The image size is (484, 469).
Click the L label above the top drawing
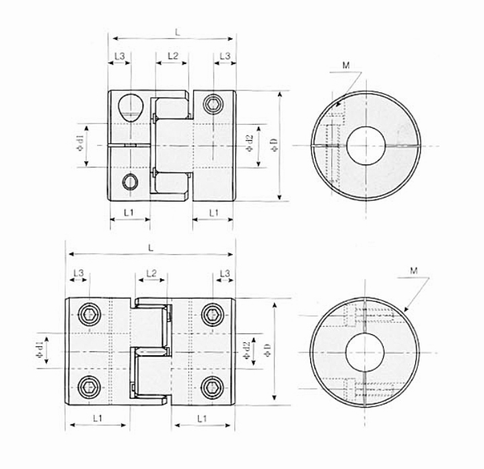pyautogui.click(x=176, y=32)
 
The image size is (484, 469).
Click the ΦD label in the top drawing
pyautogui.click(x=271, y=144)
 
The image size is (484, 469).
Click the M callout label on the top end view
pyautogui.click(x=345, y=65)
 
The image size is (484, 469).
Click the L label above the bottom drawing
pyautogui.click(x=151, y=247)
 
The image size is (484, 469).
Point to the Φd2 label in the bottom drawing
pyautogui.click(x=246, y=351)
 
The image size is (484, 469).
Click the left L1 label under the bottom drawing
pyautogui.click(x=97, y=418)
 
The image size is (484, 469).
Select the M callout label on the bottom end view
pyautogui.click(x=415, y=271)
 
